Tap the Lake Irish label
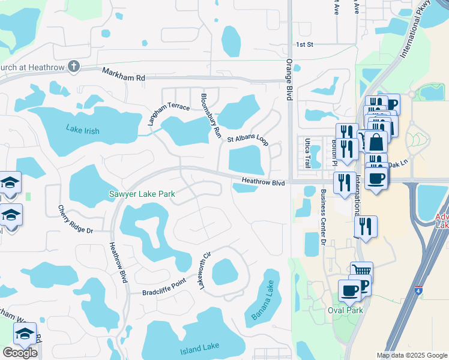click(83, 130)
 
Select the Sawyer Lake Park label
click(142, 194)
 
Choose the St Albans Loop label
click(247, 138)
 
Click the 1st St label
click(305, 44)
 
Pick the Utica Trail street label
click(307, 152)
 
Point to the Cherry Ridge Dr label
click(75, 220)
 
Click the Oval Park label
click(346, 310)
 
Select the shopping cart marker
click(361, 272)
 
